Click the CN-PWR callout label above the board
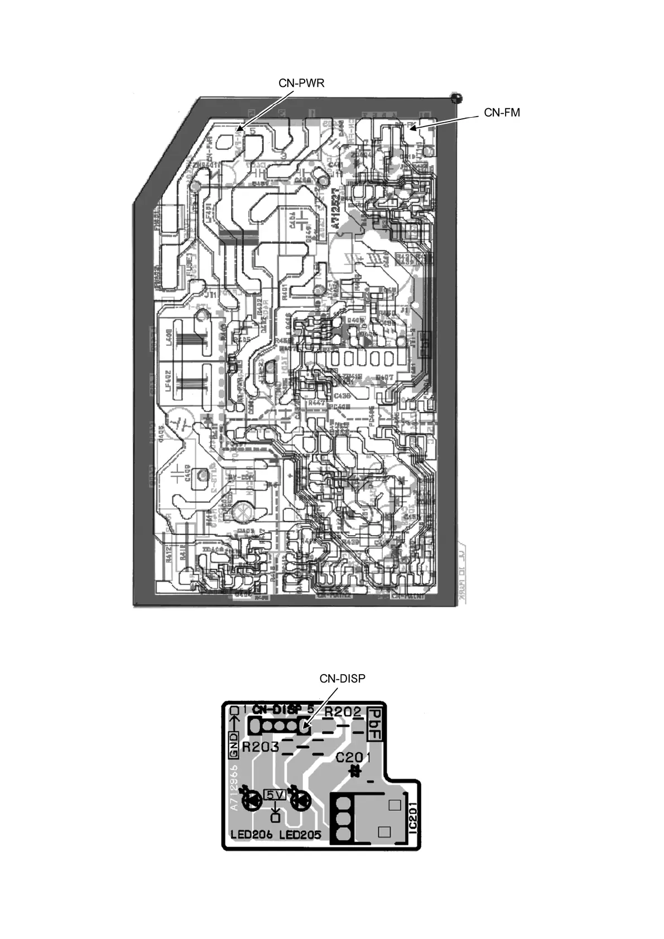(x=301, y=83)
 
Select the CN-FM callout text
(x=502, y=113)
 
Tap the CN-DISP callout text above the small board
(x=342, y=679)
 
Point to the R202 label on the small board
(x=343, y=713)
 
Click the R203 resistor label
(x=260, y=747)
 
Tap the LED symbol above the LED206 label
(x=254, y=801)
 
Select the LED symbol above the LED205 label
(x=302, y=801)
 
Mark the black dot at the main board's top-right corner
(x=456, y=98)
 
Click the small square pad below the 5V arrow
(x=275, y=818)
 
